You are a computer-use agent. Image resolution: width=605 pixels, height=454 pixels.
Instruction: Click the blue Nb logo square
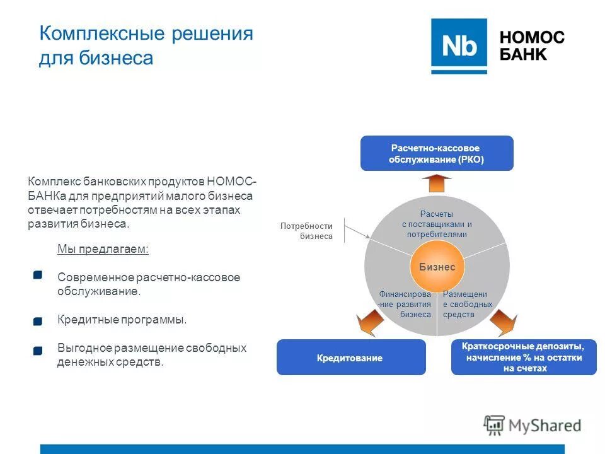pyautogui.click(x=459, y=46)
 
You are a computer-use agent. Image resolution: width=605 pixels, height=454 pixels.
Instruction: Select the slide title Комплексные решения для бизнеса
pyautogui.click(x=146, y=45)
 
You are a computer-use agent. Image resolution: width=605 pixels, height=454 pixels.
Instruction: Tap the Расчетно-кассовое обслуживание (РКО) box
pyautogui.click(x=437, y=153)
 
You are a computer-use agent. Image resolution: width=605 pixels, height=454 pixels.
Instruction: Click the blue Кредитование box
pyautogui.click(x=351, y=358)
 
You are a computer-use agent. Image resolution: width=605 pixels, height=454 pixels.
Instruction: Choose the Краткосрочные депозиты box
pyautogui.click(x=524, y=358)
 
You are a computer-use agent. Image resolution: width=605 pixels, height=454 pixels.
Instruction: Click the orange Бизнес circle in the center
pyautogui.click(x=437, y=267)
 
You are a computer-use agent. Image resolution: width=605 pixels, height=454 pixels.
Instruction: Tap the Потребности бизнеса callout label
pyautogui.click(x=306, y=231)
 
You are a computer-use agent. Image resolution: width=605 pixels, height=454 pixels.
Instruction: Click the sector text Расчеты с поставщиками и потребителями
pyautogui.click(x=437, y=224)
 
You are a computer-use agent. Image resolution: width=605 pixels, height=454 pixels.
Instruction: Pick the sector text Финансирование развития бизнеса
pyautogui.click(x=405, y=304)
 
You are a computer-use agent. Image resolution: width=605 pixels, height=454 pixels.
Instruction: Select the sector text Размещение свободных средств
pyautogui.click(x=467, y=304)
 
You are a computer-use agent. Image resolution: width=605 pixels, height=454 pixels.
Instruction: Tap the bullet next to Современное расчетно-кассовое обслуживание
pyautogui.click(x=38, y=275)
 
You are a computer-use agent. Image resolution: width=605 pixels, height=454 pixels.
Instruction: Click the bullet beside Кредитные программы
pyautogui.click(x=38, y=322)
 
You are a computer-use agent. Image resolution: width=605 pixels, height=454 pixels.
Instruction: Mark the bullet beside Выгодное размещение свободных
pyautogui.click(x=38, y=350)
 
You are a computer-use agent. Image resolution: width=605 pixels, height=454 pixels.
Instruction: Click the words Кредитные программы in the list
pyautogui.click(x=122, y=320)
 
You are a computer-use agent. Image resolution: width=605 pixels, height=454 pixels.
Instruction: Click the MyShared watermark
pyautogui.click(x=533, y=426)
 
